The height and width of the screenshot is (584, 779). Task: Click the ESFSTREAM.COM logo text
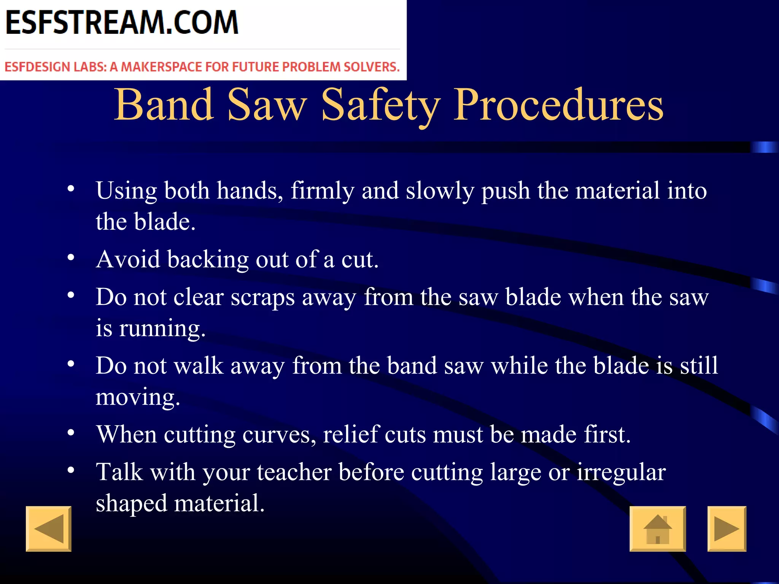pyautogui.click(x=122, y=23)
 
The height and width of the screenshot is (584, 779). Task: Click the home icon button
pyautogui.click(x=658, y=529)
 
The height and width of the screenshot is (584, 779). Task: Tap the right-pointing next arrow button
pyautogui.click(x=727, y=529)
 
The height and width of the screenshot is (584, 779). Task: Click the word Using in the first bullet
pyautogui.click(x=126, y=191)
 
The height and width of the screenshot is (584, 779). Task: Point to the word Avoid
pyautogui.click(x=128, y=260)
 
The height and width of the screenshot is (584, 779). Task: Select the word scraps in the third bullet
pyautogui.click(x=262, y=298)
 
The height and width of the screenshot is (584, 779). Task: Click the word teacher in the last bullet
pyautogui.click(x=294, y=473)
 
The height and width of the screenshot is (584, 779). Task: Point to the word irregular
pyautogui.click(x=621, y=473)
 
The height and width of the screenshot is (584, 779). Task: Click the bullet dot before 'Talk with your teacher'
pyautogui.click(x=71, y=470)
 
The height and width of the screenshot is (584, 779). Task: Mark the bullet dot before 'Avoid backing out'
pyautogui.click(x=71, y=257)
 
